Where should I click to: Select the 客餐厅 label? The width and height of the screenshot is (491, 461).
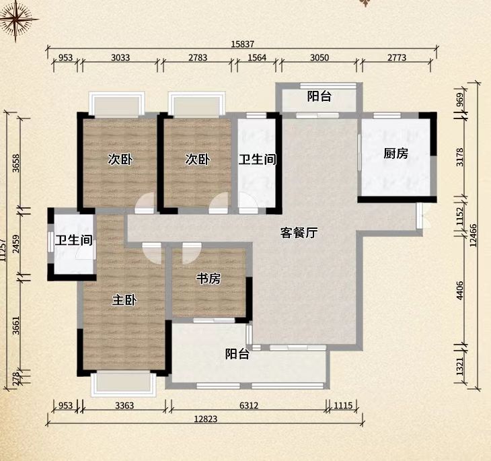tap(299, 234)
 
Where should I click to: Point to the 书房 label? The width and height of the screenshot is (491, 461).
tap(209, 279)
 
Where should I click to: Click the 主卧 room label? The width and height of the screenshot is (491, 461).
tap(124, 300)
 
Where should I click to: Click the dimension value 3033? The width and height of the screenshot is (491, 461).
tap(120, 58)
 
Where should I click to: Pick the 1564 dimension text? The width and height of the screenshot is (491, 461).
tap(256, 58)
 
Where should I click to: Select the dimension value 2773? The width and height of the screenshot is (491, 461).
tap(396, 58)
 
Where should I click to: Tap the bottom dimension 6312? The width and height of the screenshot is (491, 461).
tap(248, 405)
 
